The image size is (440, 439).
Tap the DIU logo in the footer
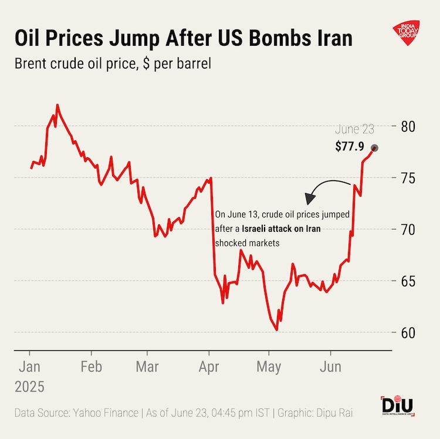point(397,406)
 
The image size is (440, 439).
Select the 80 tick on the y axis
point(409,126)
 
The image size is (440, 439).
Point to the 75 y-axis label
point(409,178)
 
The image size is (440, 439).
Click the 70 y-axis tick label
point(409,229)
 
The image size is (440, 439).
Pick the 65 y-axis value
point(409,281)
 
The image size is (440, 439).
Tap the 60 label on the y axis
point(409,333)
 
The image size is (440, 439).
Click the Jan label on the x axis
point(29,367)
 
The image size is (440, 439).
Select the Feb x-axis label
point(91,367)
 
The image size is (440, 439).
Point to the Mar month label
point(147,367)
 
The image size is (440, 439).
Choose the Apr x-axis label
point(209,367)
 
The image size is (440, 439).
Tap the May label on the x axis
point(269,367)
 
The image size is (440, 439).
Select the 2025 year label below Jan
point(29,387)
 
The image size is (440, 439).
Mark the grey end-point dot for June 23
point(374,148)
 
